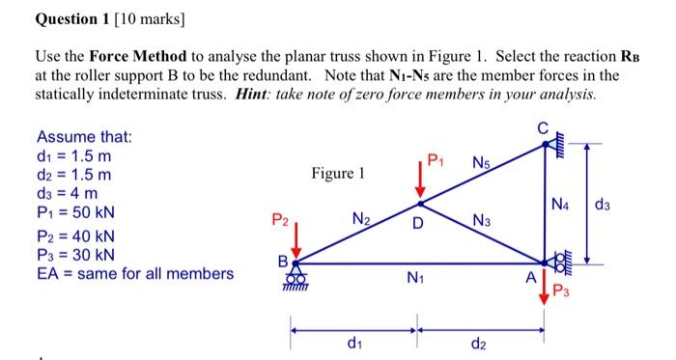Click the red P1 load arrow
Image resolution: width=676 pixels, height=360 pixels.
point(419,183)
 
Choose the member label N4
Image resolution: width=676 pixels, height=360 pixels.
point(561,204)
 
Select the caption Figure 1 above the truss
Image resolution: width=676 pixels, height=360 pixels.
point(338,174)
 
